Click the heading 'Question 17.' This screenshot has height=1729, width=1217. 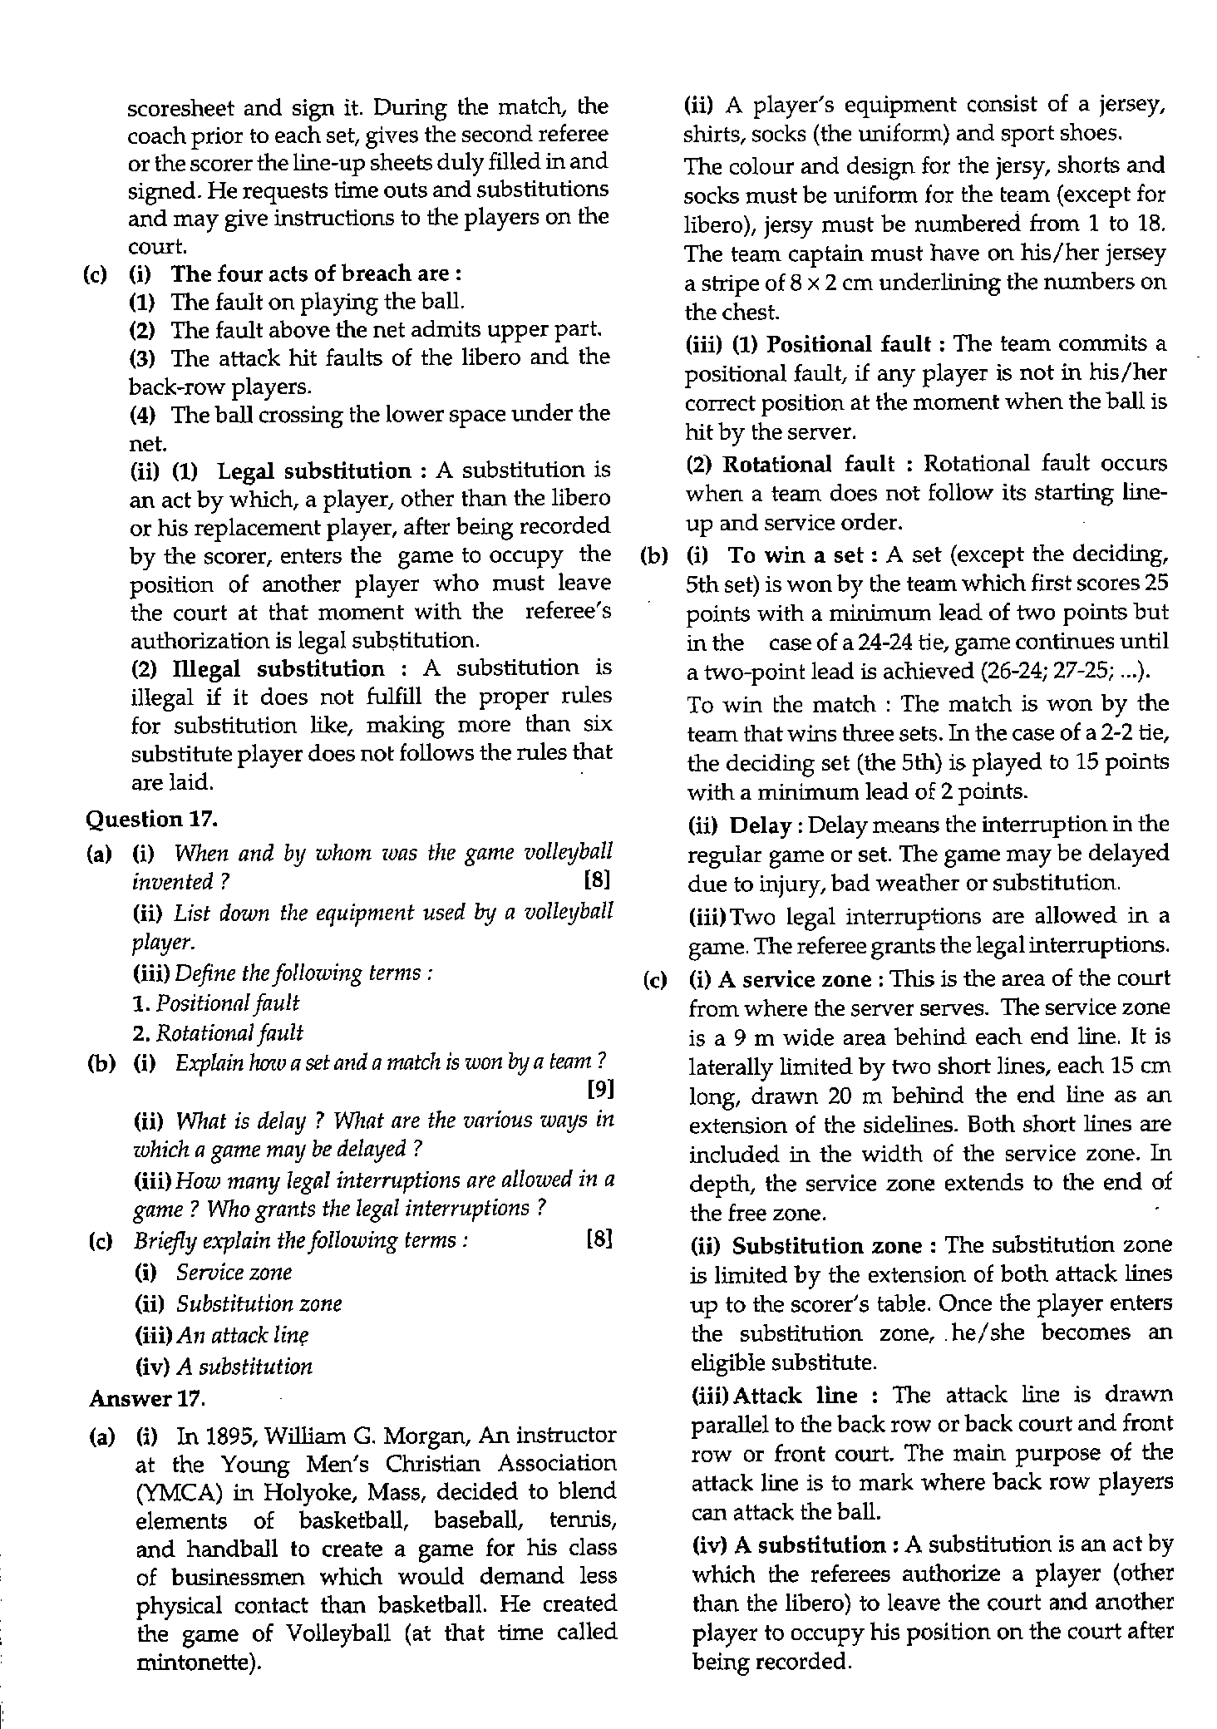(x=152, y=820)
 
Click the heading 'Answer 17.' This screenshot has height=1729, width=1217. (x=147, y=1398)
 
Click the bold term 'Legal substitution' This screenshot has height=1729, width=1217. (x=313, y=471)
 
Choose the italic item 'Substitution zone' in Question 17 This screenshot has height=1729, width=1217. (x=259, y=1303)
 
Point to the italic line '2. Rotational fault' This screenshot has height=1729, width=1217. (x=218, y=1033)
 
